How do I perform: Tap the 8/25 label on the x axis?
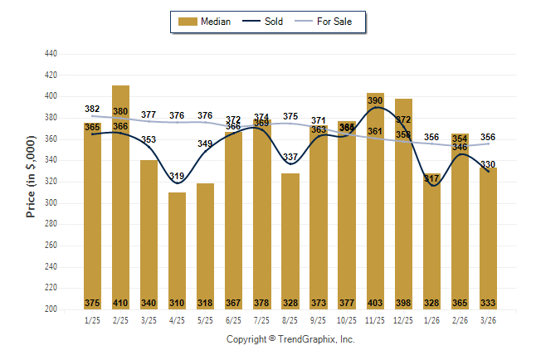pyautogui.click(x=290, y=320)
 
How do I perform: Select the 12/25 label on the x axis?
pyautogui.click(x=403, y=320)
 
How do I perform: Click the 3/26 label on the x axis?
pyautogui.click(x=488, y=320)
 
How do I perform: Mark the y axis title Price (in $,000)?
pyautogui.click(x=31, y=180)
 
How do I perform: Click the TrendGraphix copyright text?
pyautogui.click(x=290, y=339)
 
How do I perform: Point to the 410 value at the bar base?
pyautogui.click(x=120, y=303)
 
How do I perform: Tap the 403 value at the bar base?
pyautogui.click(x=375, y=303)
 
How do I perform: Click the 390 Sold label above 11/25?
pyautogui.click(x=375, y=100)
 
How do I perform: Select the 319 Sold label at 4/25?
pyautogui.click(x=177, y=176)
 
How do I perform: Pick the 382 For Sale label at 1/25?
pyautogui.click(x=92, y=109)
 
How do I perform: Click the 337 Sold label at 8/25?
pyautogui.click(x=290, y=157)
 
